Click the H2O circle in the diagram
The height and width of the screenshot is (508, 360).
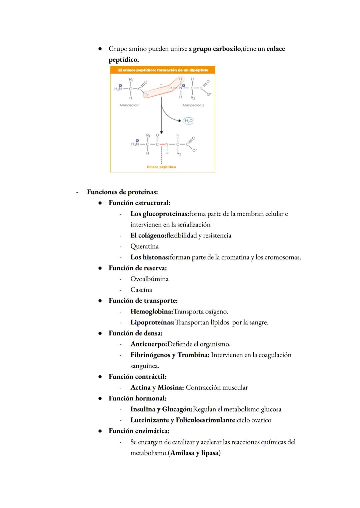pyautogui.click(x=188, y=121)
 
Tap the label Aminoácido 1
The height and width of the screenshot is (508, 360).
pyautogui.click(x=130, y=105)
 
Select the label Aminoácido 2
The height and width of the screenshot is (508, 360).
pyautogui.click(x=193, y=105)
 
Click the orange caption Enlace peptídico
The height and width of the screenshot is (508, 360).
pyautogui.click(x=161, y=167)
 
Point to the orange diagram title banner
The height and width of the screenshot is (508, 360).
pyautogui.click(x=163, y=70)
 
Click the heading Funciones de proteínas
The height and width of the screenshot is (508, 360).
pyautogui.click(x=122, y=192)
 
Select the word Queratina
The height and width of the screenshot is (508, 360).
pyautogui.click(x=144, y=247)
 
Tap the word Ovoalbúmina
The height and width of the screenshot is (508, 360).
pyautogui.click(x=149, y=279)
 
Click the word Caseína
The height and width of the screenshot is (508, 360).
pyautogui.click(x=141, y=290)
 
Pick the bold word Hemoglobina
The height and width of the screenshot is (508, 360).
pyautogui.click(x=152, y=312)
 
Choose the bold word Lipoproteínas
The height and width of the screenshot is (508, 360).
pyautogui.click(x=152, y=322)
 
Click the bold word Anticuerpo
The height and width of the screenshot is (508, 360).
pyautogui.click(x=149, y=344)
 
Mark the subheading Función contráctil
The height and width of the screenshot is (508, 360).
pyautogui.click(x=137, y=377)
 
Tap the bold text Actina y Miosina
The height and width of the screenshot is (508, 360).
pyautogui.click(x=157, y=388)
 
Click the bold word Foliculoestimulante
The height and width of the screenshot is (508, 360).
pyautogui.click(x=206, y=420)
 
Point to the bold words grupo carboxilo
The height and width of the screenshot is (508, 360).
pyautogui.click(x=217, y=49)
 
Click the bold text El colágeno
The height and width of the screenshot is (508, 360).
pyautogui.click(x=148, y=236)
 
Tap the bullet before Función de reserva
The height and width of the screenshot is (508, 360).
pyautogui.click(x=100, y=268)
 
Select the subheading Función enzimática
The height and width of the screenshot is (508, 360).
pyautogui.click(x=139, y=431)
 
